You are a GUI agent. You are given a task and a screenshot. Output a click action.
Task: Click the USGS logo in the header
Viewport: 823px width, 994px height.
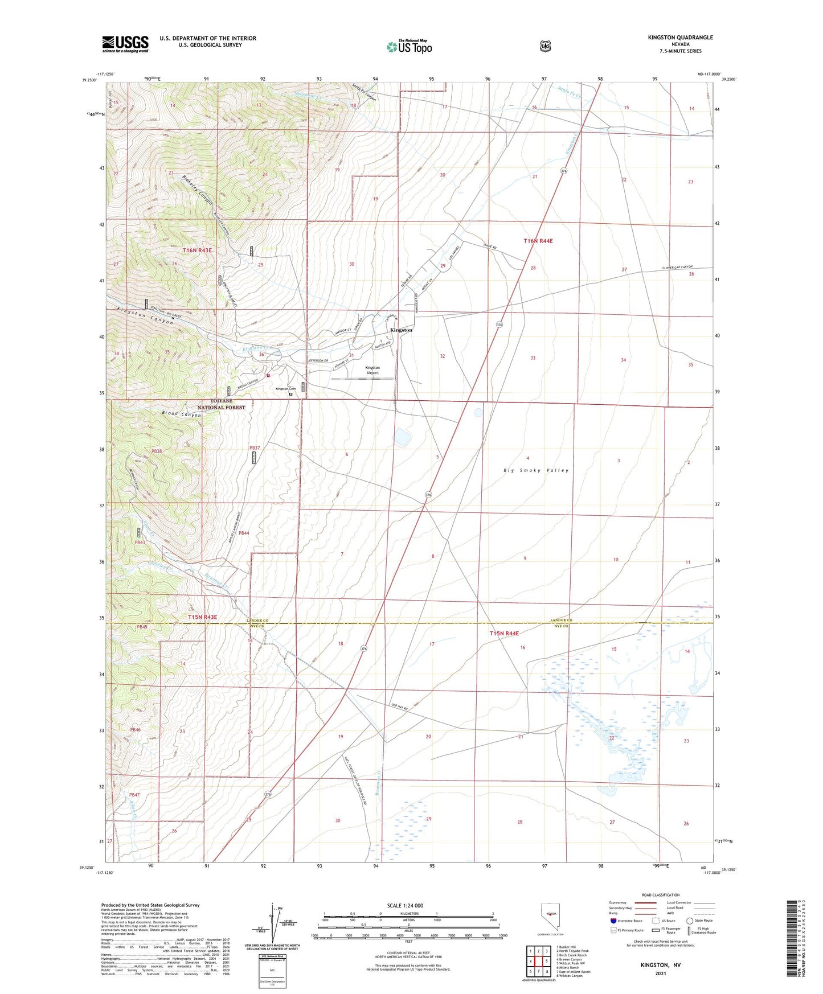pos(125,44)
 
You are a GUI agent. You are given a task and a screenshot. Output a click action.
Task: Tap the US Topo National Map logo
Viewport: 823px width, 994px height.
pos(409,47)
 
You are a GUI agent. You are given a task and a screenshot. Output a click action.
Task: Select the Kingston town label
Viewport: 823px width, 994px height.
pos(401,330)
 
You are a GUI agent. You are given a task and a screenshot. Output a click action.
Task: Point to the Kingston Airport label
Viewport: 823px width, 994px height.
pos(372,371)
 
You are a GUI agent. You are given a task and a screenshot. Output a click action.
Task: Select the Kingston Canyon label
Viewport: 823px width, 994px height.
pos(145,316)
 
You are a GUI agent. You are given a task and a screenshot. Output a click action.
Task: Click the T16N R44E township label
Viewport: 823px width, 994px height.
pos(538,241)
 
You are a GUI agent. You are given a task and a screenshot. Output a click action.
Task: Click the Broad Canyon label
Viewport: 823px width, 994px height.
pos(181,414)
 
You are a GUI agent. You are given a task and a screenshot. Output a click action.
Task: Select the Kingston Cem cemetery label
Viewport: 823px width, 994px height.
pos(282,389)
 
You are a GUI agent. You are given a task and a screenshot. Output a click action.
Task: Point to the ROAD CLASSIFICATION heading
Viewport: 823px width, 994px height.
pos(660,895)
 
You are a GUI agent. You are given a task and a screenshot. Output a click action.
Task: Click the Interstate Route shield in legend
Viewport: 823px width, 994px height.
pos(613,920)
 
